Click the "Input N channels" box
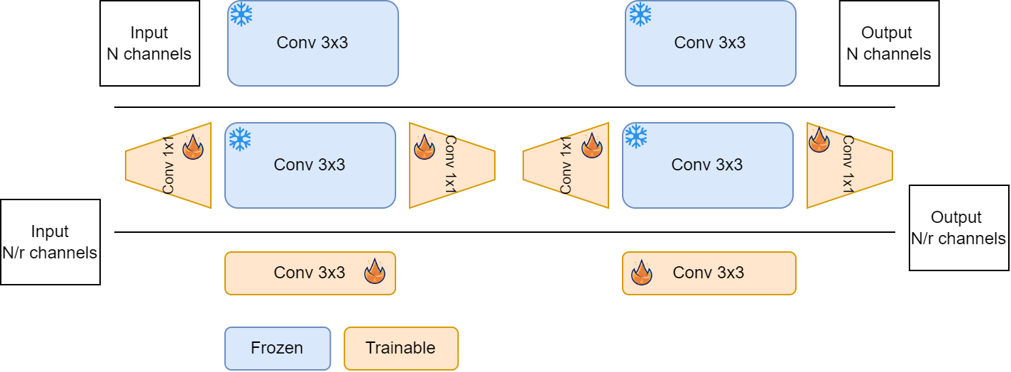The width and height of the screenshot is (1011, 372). tap(149, 43)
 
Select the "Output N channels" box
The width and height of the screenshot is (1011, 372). tap(889, 43)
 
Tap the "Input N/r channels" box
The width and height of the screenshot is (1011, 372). tap(50, 242)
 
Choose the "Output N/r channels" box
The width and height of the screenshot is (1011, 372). tap(958, 228)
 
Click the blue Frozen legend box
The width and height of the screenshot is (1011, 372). tap(277, 348)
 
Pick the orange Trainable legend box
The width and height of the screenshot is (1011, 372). tap(400, 348)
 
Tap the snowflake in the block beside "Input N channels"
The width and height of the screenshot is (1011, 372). tap(241, 15)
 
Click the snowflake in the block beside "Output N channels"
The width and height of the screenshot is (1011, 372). tap(640, 14)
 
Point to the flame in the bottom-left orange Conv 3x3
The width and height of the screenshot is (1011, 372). tap(375, 271)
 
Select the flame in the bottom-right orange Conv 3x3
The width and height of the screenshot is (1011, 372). tap(641, 272)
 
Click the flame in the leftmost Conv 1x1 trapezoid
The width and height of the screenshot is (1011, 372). tap(192, 147)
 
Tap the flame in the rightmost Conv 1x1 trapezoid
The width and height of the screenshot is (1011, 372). tap(819, 140)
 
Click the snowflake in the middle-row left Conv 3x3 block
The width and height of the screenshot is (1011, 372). tap(240, 139)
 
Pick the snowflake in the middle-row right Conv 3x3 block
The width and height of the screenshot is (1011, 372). tap(635, 136)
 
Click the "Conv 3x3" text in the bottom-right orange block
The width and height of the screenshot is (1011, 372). tap(708, 273)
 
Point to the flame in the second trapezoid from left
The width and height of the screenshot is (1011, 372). tap(425, 147)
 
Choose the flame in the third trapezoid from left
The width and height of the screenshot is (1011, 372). tap(591, 146)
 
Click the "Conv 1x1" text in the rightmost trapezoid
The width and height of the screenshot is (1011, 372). tap(847, 164)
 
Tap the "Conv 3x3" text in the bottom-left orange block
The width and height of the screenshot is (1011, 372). tap(310, 273)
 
